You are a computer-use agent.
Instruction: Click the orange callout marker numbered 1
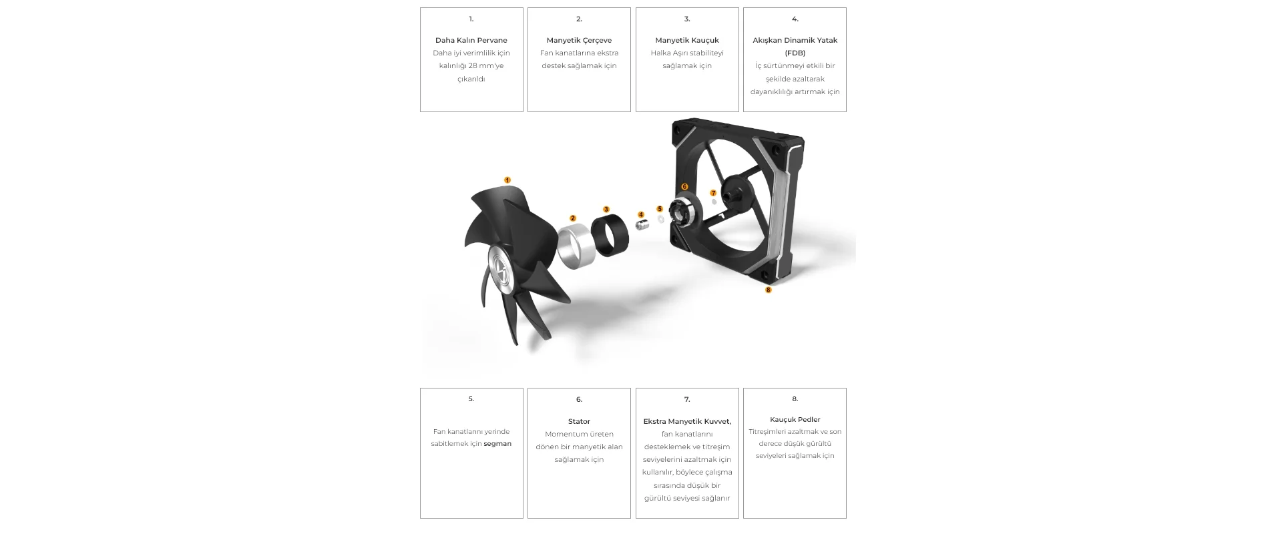tap(507, 180)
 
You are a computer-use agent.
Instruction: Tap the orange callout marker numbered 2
tap(573, 218)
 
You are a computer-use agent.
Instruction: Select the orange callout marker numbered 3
tap(606, 210)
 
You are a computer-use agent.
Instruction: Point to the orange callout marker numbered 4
tap(641, 215)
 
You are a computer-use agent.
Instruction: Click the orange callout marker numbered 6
tap(684, 187)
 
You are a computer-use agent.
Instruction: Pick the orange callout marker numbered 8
tap(769, 290)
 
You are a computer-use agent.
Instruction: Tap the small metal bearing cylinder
tap(642, 225)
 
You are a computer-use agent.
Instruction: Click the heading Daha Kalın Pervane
tap(471, 40)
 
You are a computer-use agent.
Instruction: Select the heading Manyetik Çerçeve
tap(579, 40)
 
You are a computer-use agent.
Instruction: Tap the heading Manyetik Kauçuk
tap(687, 40)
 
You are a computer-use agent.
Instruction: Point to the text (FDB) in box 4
tap(795, 53)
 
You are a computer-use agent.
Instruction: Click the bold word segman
tap(497, 444)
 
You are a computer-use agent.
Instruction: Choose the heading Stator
tap(579, 421)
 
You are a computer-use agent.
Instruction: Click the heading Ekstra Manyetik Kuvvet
tap(686, 421)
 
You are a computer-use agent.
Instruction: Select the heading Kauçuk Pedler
tap(795, 419)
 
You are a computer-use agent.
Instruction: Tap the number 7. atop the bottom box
tap(687, 399)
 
